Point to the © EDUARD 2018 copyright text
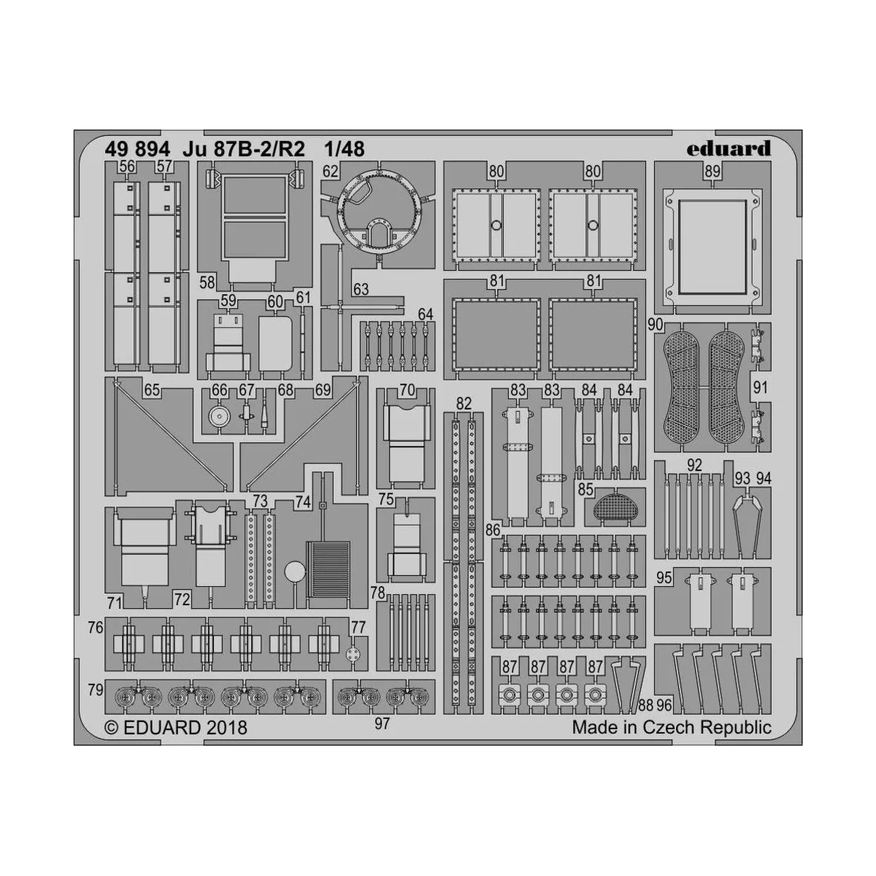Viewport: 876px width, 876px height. (176, 727)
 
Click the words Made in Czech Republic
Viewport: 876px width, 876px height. (671, 727)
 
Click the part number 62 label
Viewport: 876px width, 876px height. (331, 172)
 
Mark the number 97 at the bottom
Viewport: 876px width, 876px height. (382, 723)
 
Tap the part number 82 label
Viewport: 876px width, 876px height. (464, 403)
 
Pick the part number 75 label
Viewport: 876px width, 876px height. (386, 499)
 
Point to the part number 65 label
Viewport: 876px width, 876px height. (152, 391)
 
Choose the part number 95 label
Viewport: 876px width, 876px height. (664, 577)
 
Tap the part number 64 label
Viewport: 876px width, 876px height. (425, 315)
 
